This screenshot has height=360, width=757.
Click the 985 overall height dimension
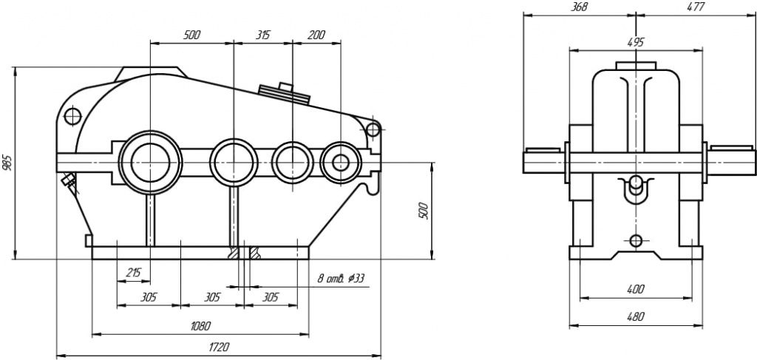coord(7,163)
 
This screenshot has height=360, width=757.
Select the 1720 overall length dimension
coord(219,346)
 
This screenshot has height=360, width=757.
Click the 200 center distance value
coord(316,35)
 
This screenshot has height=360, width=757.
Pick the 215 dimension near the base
coord(133,273)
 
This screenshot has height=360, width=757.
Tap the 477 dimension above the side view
coord(694,7)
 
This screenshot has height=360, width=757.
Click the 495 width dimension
coord(635,42)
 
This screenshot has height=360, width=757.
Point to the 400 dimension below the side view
coord(634,289)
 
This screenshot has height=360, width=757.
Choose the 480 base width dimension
coord(634,316)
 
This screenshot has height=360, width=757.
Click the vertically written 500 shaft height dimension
coord(424,210)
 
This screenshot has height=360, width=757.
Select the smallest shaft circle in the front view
coord(341,161)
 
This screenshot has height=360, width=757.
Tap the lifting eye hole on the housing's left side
coord(72,116)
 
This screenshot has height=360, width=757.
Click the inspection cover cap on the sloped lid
coord(283,91)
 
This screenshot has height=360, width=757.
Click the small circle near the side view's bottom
coord(635,240)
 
